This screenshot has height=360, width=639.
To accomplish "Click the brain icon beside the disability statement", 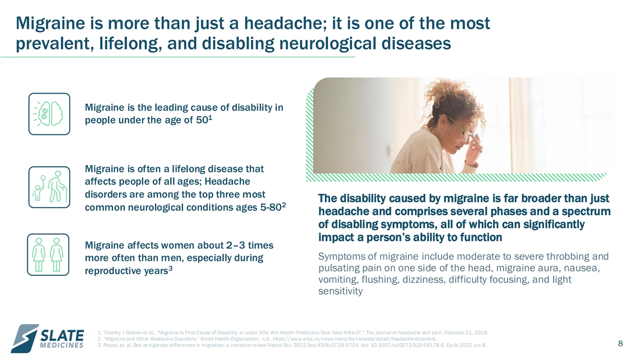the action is click(49, 114).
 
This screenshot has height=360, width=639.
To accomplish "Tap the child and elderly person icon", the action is click(49, 187).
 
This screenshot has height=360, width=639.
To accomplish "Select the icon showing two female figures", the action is click(48, 255).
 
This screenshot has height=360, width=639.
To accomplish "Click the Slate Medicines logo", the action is click(47, 339).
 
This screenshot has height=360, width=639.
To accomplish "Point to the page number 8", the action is click(620, 343).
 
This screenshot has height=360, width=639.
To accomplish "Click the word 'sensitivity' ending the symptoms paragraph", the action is click(340, 291).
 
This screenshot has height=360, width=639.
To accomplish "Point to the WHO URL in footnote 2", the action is click(355, 339).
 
